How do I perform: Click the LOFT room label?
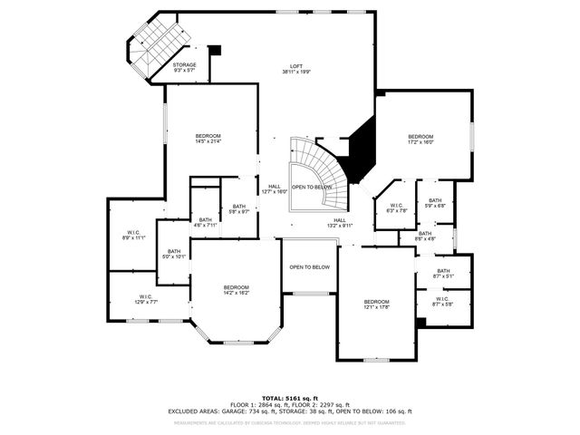click(x=295, y=69)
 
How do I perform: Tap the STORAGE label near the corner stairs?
click(x=185, y=67)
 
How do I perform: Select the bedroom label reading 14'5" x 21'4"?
click(x=208, y=139)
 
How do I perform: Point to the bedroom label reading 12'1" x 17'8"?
click(x=376, y=304)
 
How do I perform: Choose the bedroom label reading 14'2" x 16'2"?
click(x=236, y=290)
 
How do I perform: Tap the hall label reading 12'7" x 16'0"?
click(x=274, y=188)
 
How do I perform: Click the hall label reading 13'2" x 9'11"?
click(x=340, y=222)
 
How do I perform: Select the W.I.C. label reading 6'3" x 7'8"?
click(x=396, y=208)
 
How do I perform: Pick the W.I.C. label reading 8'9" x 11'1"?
click(x=133, y=234)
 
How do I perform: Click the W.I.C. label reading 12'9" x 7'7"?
click(x=133, y=299)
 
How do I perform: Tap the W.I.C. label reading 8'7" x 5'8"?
click(x=442, y=302)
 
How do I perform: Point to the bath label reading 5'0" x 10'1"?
click(x=173, y=254)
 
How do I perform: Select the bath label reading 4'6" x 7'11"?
click(x=206, y=222)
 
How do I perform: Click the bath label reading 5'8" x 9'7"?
click(x=238, y=208)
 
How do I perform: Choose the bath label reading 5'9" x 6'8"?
click(x=435, y=203)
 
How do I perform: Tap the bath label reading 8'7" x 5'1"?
click(x=443, y=273)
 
